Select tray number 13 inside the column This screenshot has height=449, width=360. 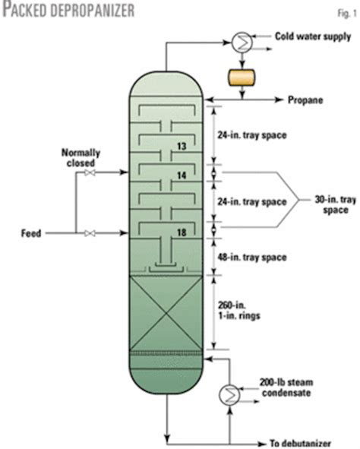(181, 146)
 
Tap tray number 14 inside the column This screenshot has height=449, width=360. (181, 174)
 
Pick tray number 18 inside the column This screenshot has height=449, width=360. (181, 231)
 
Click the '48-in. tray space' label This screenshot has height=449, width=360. (255, 258)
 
